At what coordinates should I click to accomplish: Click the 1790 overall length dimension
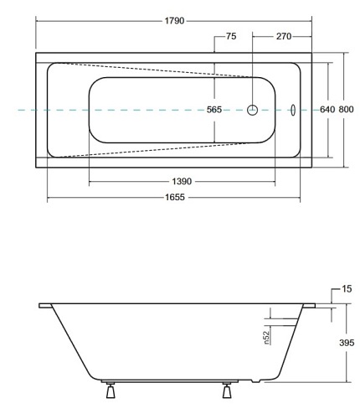coord(172,19)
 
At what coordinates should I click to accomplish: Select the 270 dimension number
coord(284,37)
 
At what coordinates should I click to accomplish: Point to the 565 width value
coord(214,110)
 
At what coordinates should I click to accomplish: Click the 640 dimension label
coord(327,110)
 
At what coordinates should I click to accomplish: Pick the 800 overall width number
coord(346,110)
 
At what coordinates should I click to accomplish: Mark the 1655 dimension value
coord(174,199)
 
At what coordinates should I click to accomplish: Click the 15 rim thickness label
coord(347,289)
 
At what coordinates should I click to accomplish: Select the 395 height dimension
coord(347,343)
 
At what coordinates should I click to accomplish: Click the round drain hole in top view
coord(252,110)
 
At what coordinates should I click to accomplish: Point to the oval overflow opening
coord(293,110)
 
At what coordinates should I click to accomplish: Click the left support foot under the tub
coord(109,391)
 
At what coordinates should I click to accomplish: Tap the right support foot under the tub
coord(225,391)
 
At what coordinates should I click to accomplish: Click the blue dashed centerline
coord(67,110)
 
